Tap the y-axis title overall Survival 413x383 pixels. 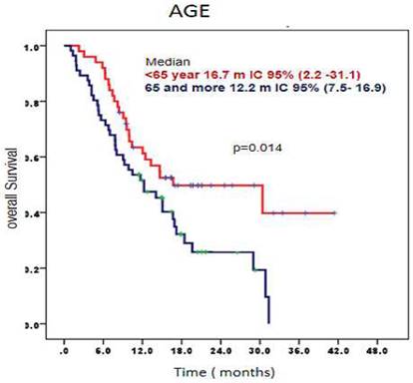[x=14, y=185]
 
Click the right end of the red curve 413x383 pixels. [x=335, y=212]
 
